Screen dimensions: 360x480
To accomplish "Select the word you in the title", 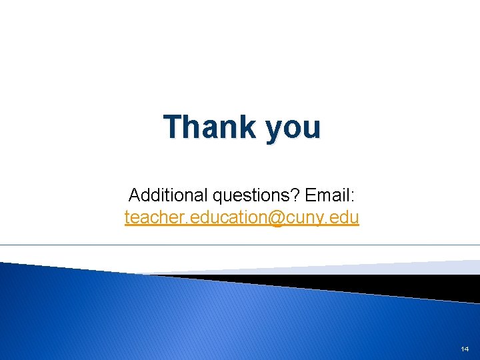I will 293,128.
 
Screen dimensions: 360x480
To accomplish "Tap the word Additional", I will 168,195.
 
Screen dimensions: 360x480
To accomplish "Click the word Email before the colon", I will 327,195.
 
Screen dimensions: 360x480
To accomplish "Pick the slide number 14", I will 465,349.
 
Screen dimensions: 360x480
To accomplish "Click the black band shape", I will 400,284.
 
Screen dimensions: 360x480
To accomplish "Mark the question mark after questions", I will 298,195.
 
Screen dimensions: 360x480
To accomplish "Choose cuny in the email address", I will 309,218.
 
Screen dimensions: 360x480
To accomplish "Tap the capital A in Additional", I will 133,195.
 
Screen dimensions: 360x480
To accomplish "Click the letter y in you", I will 275,129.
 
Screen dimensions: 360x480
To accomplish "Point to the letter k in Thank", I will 247,127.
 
